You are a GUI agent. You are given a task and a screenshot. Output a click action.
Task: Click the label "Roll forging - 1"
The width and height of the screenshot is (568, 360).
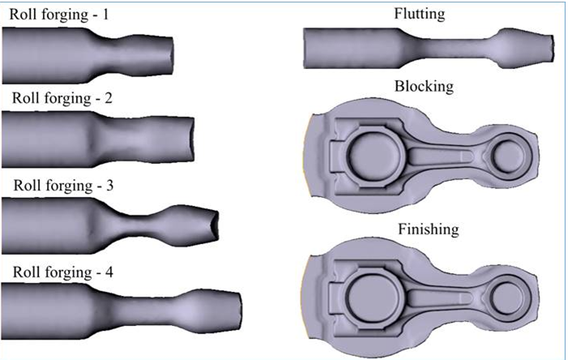pos(61,14)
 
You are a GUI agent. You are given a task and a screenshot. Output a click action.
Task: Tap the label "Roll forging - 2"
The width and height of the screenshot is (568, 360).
pos(61,99)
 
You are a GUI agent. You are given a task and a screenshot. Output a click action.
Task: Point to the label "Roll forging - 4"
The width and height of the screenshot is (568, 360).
pos(61,272)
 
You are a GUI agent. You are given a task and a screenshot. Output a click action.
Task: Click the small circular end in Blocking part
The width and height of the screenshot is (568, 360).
pos(508,154)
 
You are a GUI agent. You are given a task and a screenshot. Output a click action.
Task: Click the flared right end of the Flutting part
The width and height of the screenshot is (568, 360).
pos(531,50)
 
